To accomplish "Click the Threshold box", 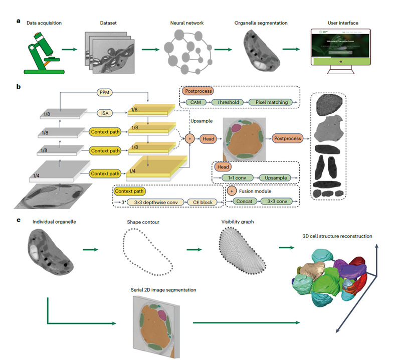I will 231,102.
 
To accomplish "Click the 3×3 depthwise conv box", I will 153,202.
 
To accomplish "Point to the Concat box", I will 240,202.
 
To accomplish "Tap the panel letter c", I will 19,220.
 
